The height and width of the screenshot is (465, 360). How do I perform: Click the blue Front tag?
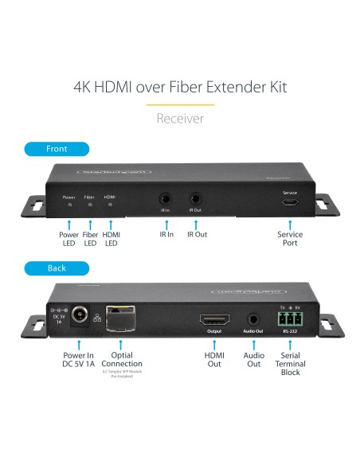[x=57, y=149]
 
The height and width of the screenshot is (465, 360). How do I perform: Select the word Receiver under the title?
[x=180, y=118]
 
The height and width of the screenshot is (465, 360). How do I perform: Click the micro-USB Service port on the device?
[x=290, y=203]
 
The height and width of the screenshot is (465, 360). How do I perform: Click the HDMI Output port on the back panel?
[x=214, y=318]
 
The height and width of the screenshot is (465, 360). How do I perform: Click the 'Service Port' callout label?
[x=290, y=239]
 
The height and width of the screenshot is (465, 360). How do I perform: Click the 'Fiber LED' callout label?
[x=90, y=239]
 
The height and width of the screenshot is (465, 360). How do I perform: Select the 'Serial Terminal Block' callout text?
[x=290, y=364]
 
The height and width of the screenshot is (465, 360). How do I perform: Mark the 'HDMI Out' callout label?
[x=214, y=359]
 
